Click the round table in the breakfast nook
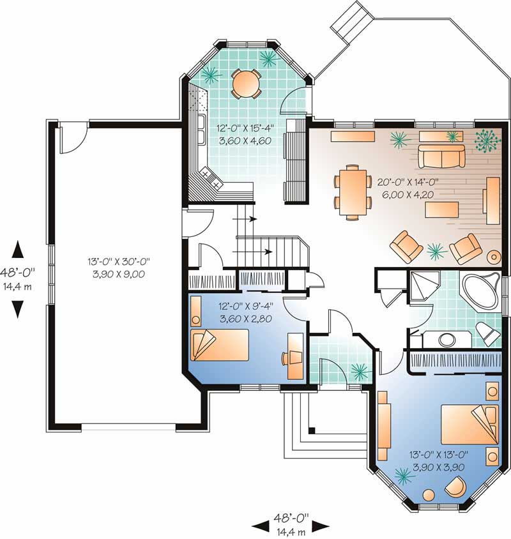tap(246, 83)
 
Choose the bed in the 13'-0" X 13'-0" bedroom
tap(468, 423)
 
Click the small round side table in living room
tap(494, 257)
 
